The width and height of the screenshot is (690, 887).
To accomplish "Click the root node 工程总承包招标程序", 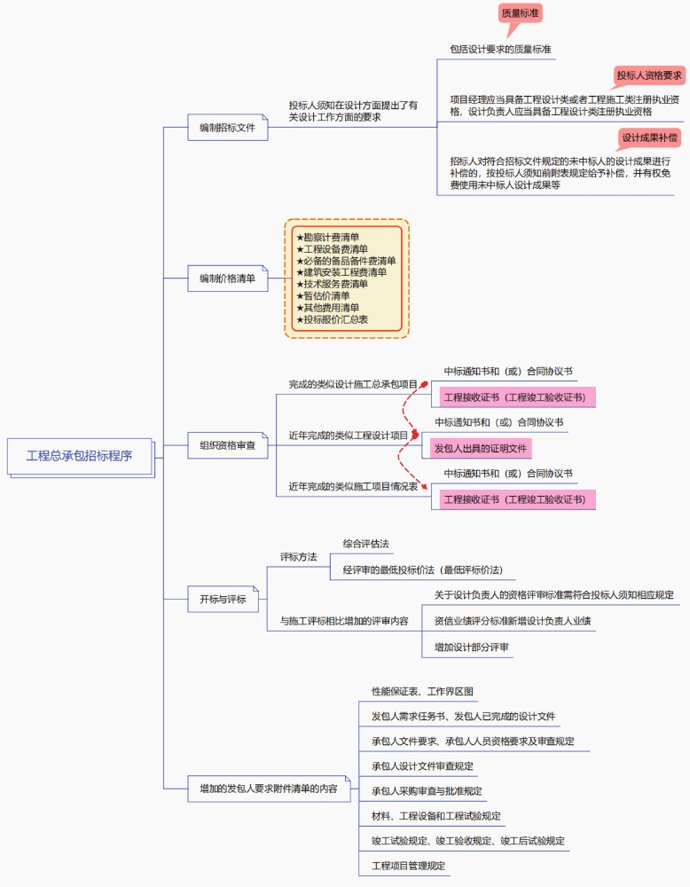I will click(80, 456).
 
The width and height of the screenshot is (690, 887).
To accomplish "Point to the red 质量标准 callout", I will click(521, 14).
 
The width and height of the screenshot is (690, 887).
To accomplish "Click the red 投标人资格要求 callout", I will click(649, 75).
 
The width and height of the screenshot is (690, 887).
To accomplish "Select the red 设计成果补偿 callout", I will click(650, 137).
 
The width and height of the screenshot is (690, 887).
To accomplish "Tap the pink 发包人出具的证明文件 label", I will click(480, 448).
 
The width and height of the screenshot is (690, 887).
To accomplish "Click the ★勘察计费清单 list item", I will click(328, 238).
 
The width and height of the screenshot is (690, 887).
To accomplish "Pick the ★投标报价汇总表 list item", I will click(332, 318).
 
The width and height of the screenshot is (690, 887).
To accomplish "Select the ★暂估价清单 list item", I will click(323, 295).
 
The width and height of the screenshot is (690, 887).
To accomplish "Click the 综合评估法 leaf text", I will click(366, 543).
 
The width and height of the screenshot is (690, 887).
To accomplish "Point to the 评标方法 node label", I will click(299, 557).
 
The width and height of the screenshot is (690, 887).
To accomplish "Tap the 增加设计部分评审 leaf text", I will click(472, 648).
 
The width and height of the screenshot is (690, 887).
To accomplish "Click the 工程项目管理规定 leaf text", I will click(409, 865).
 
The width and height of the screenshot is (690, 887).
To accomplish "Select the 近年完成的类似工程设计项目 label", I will click(349, 436).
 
